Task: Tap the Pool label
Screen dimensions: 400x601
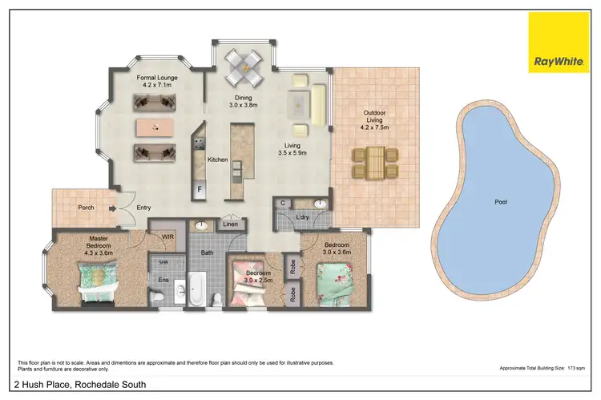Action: (500, 202)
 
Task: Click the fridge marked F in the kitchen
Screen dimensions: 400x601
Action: (200, 189)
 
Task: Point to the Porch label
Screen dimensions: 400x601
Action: (86, 208)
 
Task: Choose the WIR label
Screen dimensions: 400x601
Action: (167, 236)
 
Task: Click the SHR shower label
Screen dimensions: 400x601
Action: (163, 262)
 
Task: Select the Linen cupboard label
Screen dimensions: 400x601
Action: (230, 224)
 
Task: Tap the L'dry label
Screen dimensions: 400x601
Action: (303, 218)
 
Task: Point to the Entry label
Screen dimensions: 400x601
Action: (143, 208)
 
